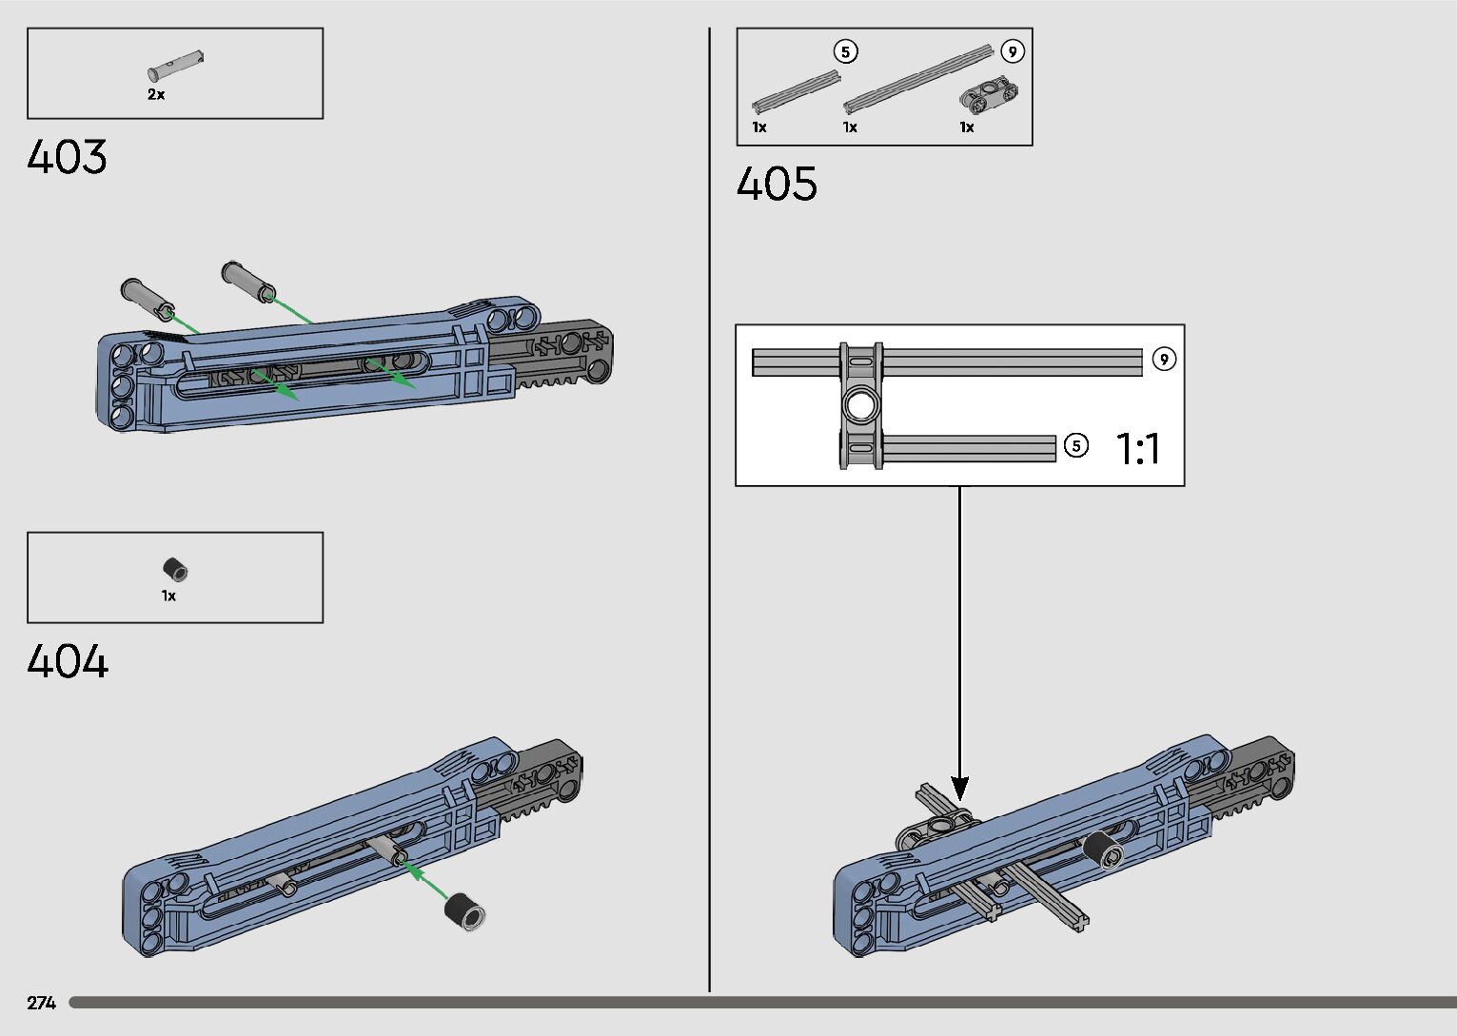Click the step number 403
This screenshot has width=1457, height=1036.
coord(67,157)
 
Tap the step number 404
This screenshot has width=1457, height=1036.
coord(68,661)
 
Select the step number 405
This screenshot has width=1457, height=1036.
coord(777,184)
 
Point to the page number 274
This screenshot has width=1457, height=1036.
coord(42,1003)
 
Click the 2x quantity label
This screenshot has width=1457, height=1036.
coord(156,95)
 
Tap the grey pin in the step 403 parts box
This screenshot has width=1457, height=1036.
coord(176,65)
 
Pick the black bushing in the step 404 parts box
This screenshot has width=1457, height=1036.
coord(175,570)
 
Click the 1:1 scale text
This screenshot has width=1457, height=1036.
coord(1137,448)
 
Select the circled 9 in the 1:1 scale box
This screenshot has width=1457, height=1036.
coord(1163,359)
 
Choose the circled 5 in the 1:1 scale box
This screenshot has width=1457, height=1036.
coord(1075,445)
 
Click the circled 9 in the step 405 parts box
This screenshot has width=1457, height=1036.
coord(1013,51)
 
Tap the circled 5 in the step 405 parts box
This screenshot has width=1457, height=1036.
coord(845,51)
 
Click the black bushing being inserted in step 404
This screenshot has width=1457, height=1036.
coord(465,910)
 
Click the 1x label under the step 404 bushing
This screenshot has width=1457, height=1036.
coord(168,596)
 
